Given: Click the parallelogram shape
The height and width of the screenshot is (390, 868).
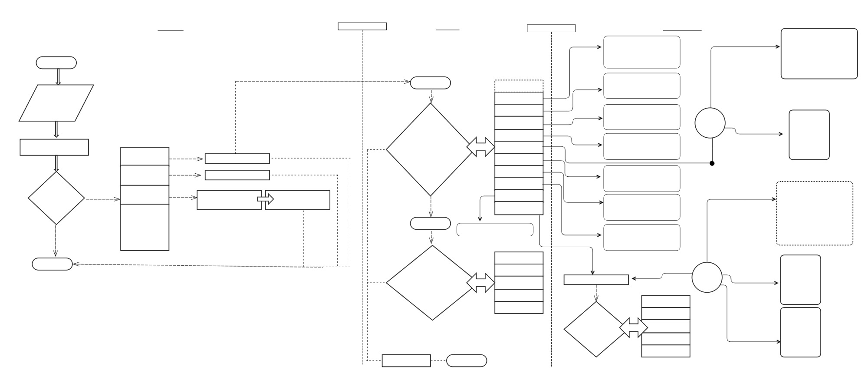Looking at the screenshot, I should point(56,103).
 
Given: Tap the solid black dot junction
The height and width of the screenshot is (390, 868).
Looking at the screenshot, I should point(712,163).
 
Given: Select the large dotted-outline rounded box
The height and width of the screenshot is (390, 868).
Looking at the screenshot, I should point(814,213).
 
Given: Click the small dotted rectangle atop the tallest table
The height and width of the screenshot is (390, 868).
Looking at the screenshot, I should point(519,86).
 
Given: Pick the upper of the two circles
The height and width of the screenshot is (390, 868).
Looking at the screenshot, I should point(710,123).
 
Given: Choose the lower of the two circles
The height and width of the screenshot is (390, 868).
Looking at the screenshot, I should point(707,277).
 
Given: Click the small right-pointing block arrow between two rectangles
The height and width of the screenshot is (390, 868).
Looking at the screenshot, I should point(265,199).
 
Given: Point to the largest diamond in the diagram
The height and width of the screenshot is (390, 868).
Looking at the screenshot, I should point(430,149).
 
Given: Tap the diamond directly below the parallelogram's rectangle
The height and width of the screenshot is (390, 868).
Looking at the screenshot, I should point(56,198).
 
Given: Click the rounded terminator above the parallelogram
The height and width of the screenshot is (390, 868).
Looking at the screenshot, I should point(56,63).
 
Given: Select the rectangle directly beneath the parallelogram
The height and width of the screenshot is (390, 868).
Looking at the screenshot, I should point(54,147).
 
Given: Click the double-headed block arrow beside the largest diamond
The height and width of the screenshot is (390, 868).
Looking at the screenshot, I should point(480,147).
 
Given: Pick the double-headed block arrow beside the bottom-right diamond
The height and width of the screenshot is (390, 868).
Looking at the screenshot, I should point(633,327).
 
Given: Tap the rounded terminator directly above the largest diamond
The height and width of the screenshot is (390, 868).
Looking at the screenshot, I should point(430,83).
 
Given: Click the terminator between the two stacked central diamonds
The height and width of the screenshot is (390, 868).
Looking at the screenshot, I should point(430,223).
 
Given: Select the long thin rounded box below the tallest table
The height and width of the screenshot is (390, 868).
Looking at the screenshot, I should point(495,230).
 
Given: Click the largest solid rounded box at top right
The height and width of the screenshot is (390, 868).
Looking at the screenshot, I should point(819,54).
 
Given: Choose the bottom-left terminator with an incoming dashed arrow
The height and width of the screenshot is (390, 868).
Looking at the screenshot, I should point(52,264).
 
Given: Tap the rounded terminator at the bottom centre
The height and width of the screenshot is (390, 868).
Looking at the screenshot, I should point(467,360).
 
